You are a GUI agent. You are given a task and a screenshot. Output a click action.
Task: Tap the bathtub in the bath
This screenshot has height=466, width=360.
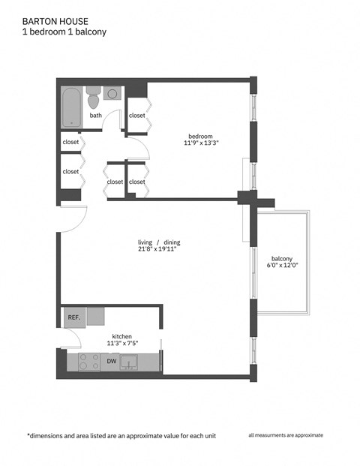(72, 108)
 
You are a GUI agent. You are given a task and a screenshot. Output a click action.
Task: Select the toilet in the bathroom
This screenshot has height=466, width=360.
(94, 98)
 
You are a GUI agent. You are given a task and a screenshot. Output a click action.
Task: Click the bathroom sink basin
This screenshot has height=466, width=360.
(112, 95)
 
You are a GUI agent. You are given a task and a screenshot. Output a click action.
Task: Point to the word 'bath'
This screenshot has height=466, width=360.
(96, 116)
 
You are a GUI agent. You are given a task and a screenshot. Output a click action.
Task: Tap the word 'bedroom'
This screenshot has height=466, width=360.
(200, 136)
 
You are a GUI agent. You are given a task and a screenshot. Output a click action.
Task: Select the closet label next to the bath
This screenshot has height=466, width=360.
(137, 116)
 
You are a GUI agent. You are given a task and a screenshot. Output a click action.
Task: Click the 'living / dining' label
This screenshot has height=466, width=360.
(159, 242)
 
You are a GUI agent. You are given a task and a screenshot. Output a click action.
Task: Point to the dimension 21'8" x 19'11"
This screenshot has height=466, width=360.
(159, 250)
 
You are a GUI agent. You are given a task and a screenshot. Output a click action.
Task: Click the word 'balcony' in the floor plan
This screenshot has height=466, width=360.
(281, 258)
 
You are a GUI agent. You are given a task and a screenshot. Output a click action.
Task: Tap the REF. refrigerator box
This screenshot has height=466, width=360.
(73, 317)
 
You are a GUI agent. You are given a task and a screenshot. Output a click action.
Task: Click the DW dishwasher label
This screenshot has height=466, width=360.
(111, 362)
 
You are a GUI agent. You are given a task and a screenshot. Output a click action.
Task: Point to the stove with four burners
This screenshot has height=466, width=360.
(88, 362)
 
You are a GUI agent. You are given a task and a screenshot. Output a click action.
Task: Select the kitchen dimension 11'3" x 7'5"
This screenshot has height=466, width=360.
(123, 343)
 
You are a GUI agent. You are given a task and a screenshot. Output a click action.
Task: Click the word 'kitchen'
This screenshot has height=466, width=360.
(123, 335)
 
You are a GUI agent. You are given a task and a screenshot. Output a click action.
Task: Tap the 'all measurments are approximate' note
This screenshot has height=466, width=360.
(286, 435)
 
